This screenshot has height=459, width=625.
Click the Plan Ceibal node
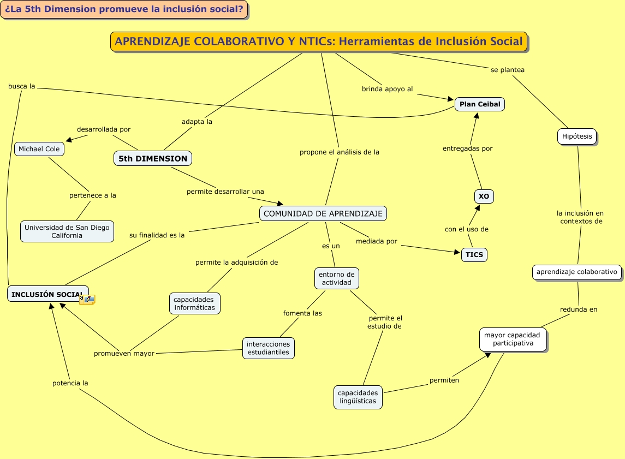click(479, 104)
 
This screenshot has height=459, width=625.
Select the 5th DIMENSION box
click(153, 158)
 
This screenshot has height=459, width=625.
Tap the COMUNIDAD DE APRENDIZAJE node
click(323, 213)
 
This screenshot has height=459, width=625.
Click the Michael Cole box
click(39, 148)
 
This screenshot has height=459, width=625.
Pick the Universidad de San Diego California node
click(67, 231)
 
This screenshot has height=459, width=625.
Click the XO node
click(484, 196)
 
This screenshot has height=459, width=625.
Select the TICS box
click(474, 255)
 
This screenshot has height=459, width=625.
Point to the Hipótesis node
click(576, 136)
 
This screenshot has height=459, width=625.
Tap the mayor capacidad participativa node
click(513, 339)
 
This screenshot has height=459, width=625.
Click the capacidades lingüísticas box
click(358, 397)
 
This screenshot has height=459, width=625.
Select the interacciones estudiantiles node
click(269, 348)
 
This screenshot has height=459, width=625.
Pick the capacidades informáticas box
click(195, 303)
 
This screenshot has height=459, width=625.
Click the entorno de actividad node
click(337, 278)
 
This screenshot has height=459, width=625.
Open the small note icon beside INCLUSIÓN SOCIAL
click(87, 299)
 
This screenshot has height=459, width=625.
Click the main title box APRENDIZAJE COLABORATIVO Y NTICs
click(319, 41)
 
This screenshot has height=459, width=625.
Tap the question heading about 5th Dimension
click(124, 9)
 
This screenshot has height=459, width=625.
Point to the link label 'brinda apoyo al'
click(388, 89)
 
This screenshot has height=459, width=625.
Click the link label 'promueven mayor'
click(124, 353)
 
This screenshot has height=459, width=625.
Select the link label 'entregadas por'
click(467, 148)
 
